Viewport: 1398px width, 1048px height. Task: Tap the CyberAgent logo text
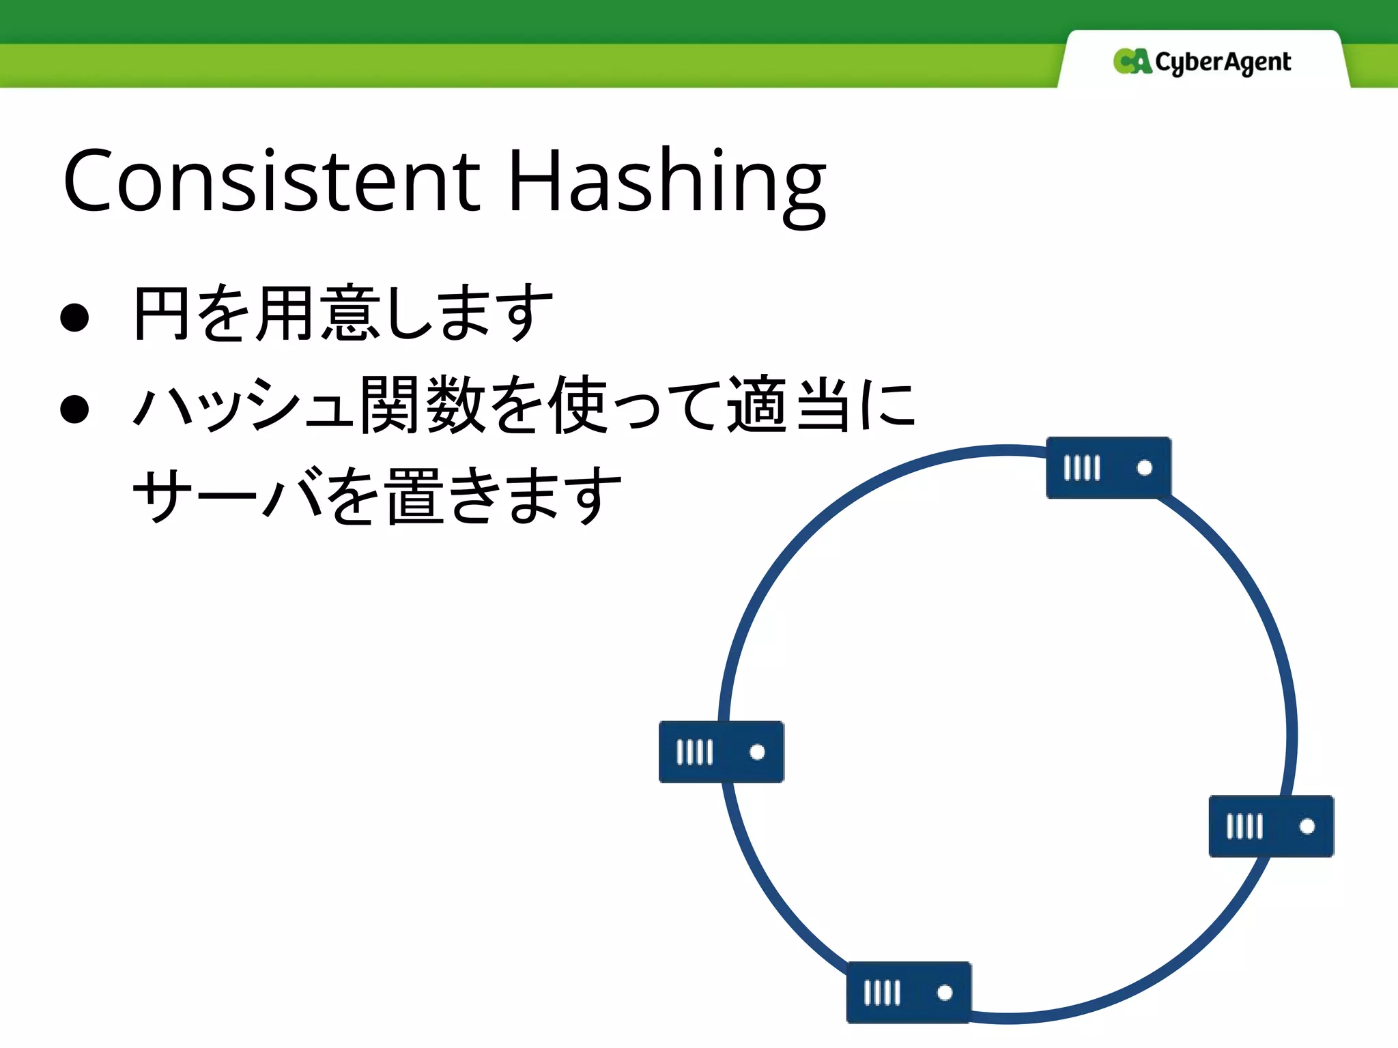(x=1223, y=62)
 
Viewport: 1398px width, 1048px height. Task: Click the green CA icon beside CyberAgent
(x=1132, y=61)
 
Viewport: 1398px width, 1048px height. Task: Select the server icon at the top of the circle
(x=1108, y=467)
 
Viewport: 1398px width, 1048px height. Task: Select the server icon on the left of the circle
(x=721, y=751)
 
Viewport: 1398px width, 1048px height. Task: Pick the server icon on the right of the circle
(x=1270, y=826)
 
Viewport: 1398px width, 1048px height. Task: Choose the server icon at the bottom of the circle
(x=908, y=992)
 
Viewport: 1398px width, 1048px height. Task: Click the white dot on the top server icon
(x=1145, y=467)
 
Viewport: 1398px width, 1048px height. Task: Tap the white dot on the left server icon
(x=757, y=751)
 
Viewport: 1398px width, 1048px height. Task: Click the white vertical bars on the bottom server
(x=881, y=993)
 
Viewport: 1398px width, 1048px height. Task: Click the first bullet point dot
(x=74, y=317)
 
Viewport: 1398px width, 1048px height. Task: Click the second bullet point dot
(x=74, y=409)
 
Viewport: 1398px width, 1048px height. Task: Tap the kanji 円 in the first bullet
(x=161, y=313)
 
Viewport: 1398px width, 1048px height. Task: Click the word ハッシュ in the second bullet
(x=242, y=405)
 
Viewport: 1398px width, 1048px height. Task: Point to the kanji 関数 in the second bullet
(x=423, y=405)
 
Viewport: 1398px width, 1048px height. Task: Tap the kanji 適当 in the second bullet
(x=788, y=405)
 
